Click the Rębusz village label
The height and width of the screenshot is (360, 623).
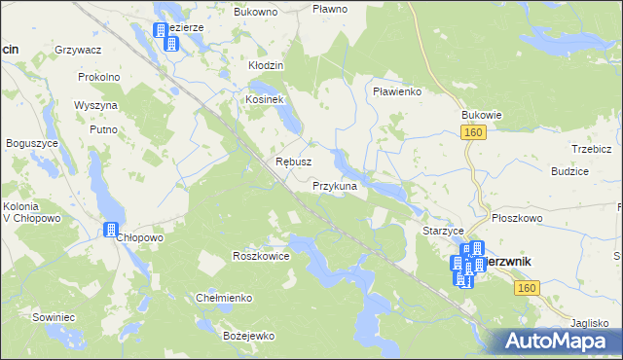[293, 162]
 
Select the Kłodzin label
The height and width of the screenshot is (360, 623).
[265, 65]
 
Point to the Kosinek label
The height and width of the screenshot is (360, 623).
[263, 100]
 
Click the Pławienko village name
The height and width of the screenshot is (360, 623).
[396, 91]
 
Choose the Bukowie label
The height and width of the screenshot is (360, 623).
[481, 114]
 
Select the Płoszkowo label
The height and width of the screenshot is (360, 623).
[517, 219]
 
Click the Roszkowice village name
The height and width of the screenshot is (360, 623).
[261, 256]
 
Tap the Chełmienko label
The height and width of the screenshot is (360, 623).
[225, 298]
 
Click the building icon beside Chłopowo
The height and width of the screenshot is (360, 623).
[110, 231]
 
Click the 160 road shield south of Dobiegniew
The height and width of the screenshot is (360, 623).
[527, 289]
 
